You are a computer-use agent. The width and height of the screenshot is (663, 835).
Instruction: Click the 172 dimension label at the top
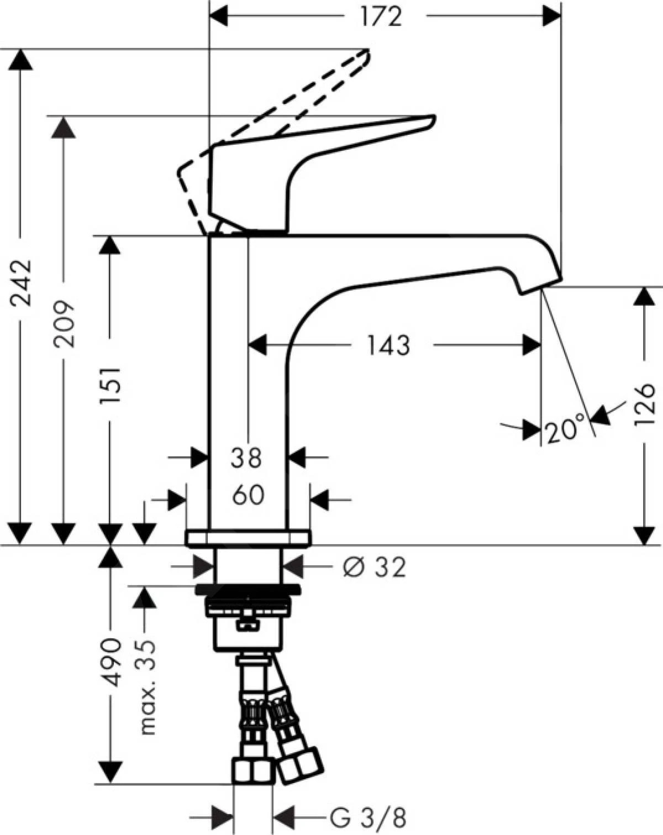(381, 17)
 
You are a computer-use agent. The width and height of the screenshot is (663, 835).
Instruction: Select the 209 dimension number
(64, 324)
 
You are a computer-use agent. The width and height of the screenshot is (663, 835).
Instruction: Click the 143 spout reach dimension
(388, 345)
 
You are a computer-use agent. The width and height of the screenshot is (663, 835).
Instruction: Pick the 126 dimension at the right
(644, 406)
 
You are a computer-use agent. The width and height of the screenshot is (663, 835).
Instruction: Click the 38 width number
(247, 458)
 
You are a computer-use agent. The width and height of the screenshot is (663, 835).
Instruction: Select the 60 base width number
(248, 495)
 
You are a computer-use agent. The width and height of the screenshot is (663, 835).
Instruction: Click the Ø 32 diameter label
(375, 567)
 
